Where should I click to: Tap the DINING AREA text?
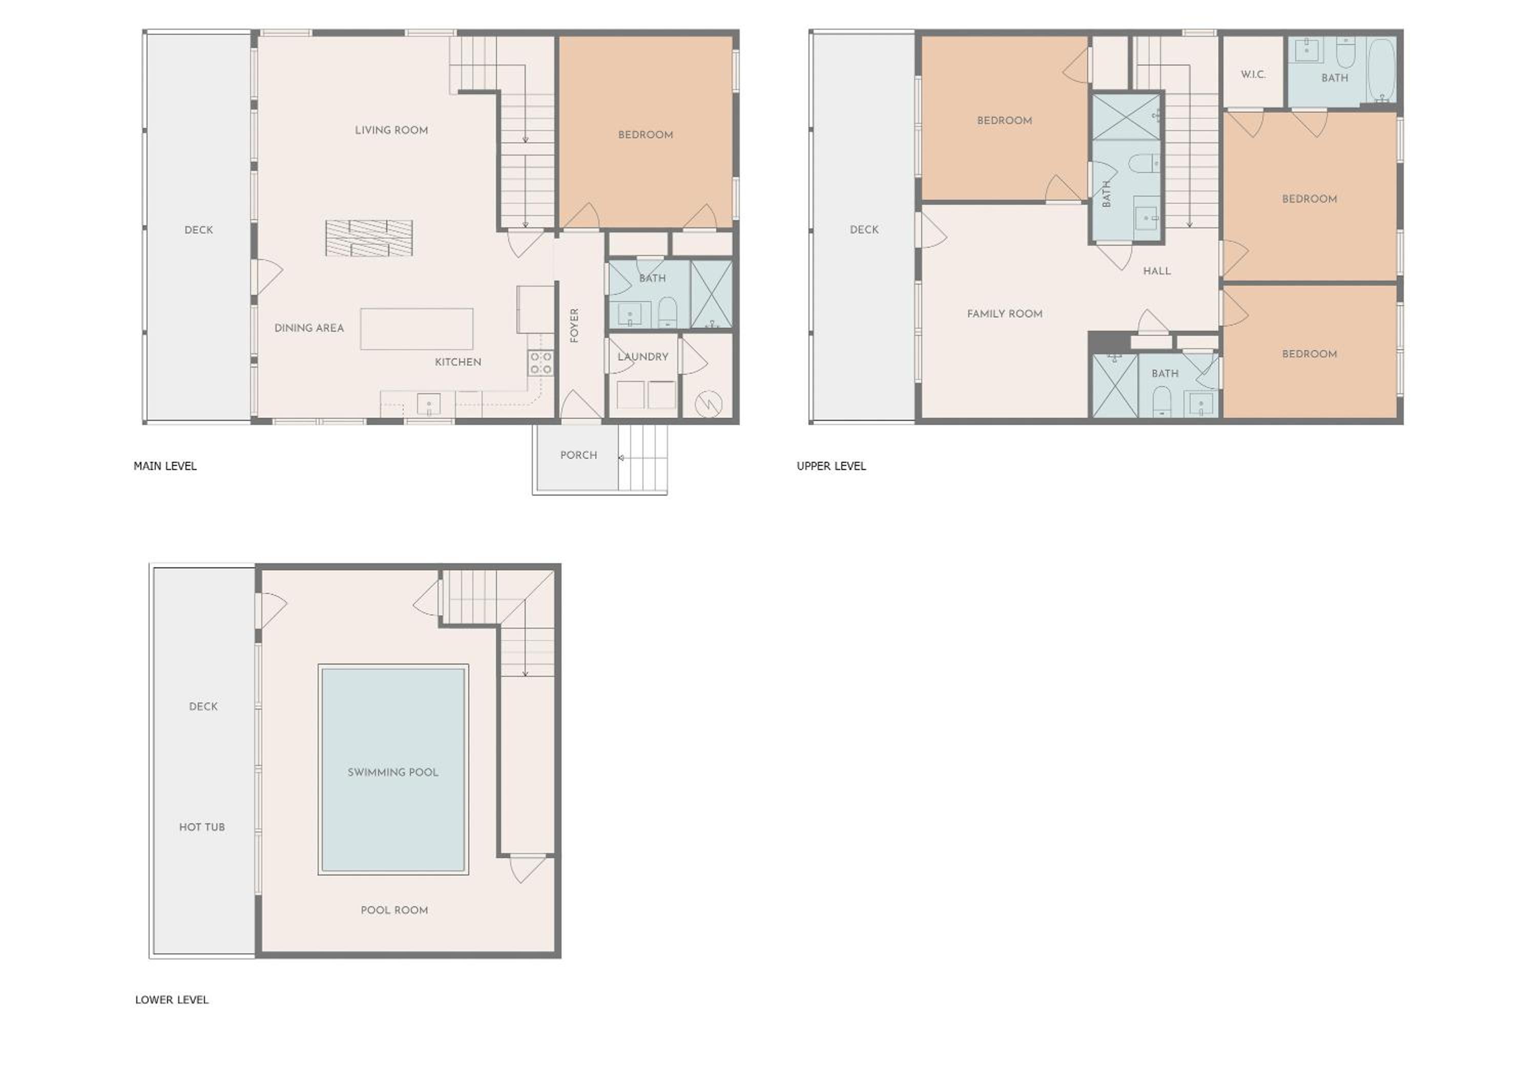[309, 328]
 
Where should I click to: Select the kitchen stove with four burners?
[541, 363]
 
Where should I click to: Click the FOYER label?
[574, 325]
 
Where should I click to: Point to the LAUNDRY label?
[643, 356]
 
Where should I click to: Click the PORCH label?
[578, 455]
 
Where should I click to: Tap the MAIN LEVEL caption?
[165, 466]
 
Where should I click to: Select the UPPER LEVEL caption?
[832, 466]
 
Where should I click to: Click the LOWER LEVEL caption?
[172, 999]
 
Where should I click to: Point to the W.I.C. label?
[1253, 74]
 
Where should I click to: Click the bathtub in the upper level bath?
[1381, 70]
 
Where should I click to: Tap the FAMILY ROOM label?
[1005, 313]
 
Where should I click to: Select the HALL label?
[1156, 271]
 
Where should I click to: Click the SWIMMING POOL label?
[392, 772]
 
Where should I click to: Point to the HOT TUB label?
[202, 827]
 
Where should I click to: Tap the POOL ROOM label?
[394, 910]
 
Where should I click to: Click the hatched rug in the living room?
[369, 238]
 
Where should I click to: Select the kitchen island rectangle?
[417, 329]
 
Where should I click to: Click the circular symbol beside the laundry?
[709, 404]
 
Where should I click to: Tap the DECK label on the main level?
[199, 230]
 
